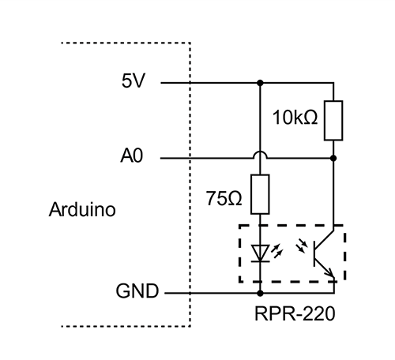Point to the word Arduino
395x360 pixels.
coord(82,210)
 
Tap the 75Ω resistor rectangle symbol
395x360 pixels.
coord(259,195)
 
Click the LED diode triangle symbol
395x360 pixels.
coord(259,252)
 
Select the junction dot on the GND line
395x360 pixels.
coord(259,293)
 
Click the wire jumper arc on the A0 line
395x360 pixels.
coord(259,154)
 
